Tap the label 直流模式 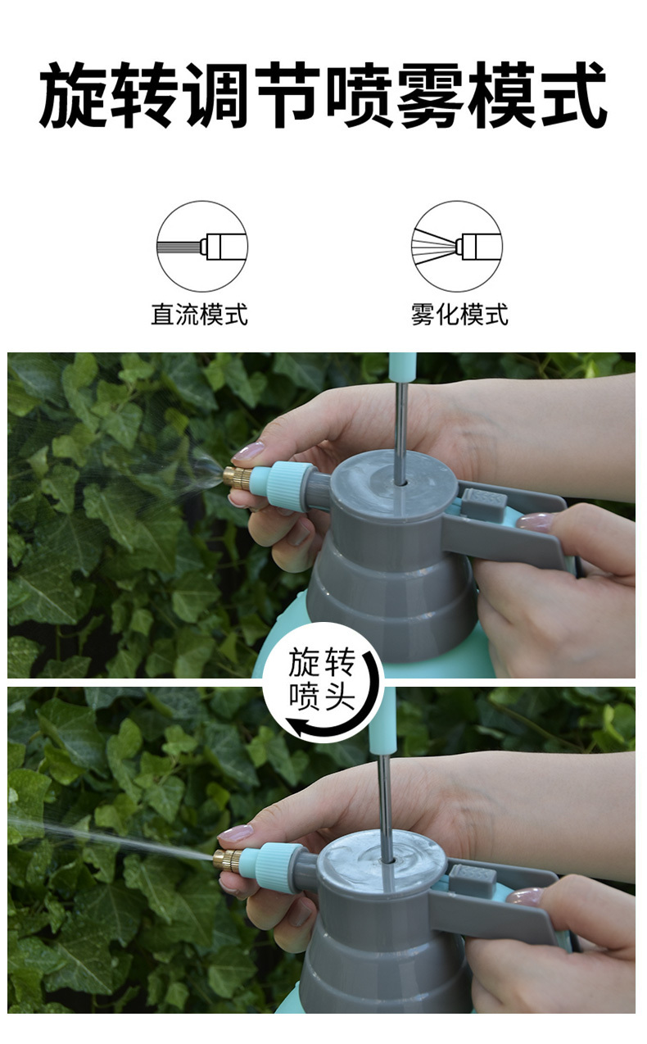point(199,314)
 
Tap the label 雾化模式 point(459,314)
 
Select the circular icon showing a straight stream point(202,247)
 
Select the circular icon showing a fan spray point(457,247)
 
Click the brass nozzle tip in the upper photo point(237,478)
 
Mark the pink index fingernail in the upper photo point(248,452)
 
